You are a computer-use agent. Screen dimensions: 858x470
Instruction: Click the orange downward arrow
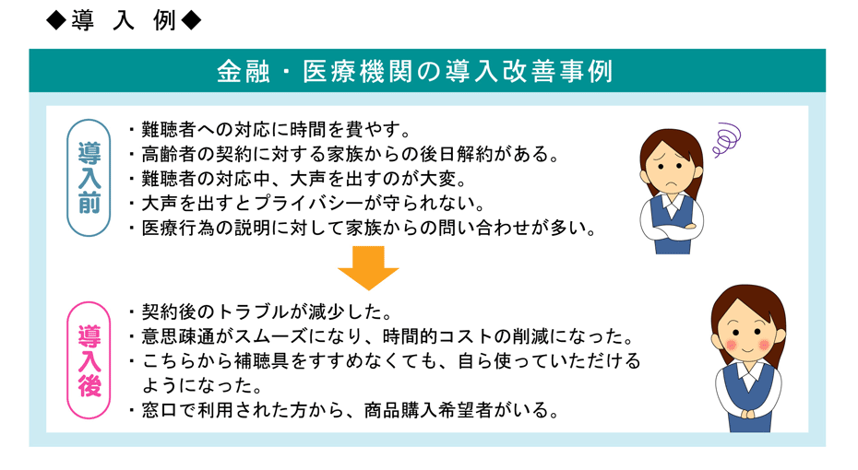368,267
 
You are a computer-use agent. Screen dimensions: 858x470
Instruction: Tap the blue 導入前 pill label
89,178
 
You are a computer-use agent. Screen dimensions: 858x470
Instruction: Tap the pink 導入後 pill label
89,360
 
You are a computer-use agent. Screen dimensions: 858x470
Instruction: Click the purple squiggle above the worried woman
727,140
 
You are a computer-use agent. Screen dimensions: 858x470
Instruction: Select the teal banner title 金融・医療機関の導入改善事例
415,72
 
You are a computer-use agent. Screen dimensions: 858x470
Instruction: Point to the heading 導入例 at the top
124,21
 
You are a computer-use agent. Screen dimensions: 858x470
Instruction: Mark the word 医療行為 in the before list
178,228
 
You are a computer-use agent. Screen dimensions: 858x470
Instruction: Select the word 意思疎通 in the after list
178,336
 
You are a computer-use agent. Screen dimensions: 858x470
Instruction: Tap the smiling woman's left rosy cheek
731,345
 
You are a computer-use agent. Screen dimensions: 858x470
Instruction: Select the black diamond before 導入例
55,21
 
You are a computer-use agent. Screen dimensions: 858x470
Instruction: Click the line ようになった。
202,385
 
